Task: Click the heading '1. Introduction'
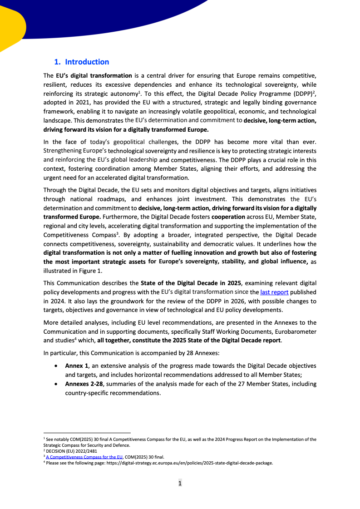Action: click(x=82, y=62)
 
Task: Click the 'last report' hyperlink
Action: click(x=274, y=292)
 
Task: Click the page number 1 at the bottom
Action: click(x=180, y=484)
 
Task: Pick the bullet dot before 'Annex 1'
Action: click(x=56, y=366)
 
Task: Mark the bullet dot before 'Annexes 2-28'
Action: click(x=56, y=384)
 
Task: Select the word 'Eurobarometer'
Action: click(x=296, y=331)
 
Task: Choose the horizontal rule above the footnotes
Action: click(x=87, y=433)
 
